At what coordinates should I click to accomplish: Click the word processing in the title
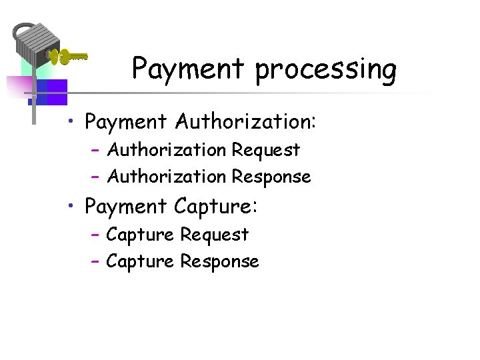[326, 70]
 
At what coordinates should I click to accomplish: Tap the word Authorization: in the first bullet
[247, 122]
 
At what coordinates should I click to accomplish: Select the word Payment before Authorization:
[126, 123]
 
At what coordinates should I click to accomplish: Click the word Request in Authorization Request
[266, 151]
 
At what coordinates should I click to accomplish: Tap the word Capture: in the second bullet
[215, 207]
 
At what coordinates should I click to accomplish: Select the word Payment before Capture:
[126, 207]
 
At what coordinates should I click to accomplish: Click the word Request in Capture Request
[214, 235]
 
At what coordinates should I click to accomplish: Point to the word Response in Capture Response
[219, 262]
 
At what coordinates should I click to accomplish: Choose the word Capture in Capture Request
[140, 235]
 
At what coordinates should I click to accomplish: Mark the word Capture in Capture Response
[140, 261]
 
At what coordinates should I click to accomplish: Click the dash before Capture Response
[95, 262]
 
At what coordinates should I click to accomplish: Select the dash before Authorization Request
[95, 151]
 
